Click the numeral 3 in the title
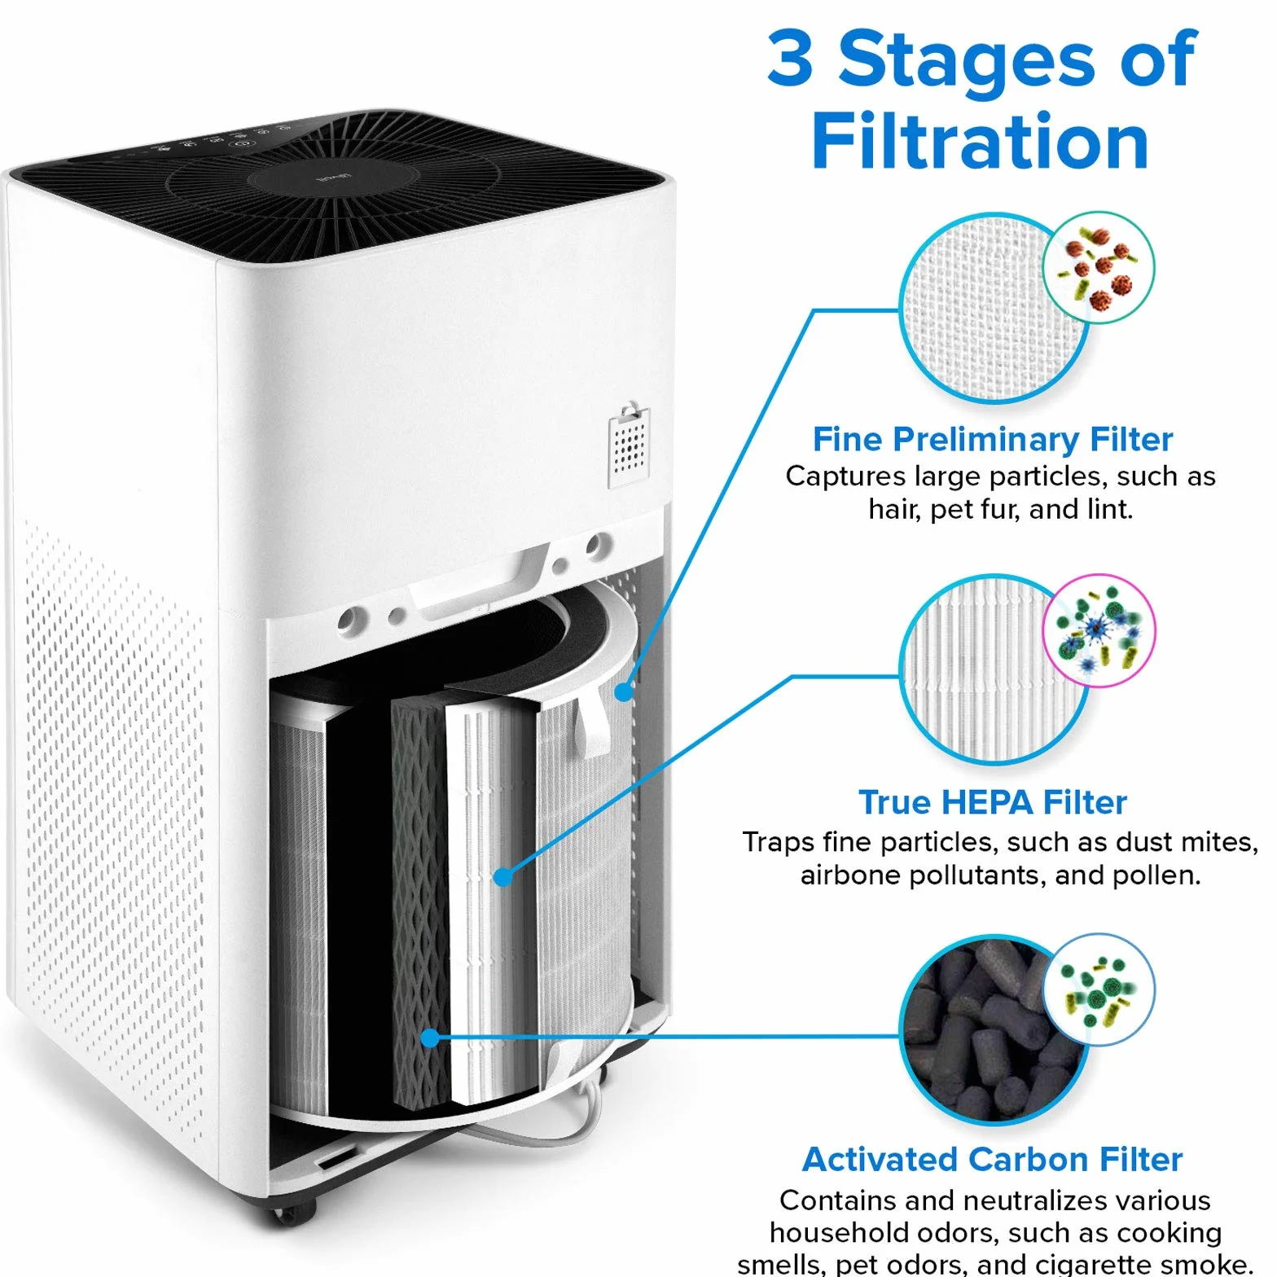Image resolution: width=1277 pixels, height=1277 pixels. pyautogui.click(x=791, y=58)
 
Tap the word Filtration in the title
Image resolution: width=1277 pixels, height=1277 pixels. pyautogui.click(x=980, y=142)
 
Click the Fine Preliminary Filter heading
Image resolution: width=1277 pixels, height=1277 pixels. pyautogui.click(x=993, y=439)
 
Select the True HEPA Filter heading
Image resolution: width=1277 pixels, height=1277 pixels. pyautogui.click(x=993, y=802)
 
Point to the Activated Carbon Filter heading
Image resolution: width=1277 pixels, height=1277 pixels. pyautogui.click(x=992, y=1159)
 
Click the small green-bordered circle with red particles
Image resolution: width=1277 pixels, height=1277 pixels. pyautogui.click(x=1099, y=267)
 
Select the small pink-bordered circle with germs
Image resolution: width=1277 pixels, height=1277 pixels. pyautogui.click(x=1099, y=631)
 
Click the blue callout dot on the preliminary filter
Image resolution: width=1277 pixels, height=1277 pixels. pyautogui.click(x=623, y=692)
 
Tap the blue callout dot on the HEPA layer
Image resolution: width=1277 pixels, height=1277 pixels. pyautogui.click(x=503, y=877)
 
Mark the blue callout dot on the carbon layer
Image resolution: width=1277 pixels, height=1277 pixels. pyautogui.click(x=430, y=1038)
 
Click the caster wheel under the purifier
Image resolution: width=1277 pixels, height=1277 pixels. pyautogui.click(x=293, y=1213)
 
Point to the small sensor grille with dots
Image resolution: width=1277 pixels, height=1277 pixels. pyautogui.click(x=629, y=445)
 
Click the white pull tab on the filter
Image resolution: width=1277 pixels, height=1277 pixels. pyautogui.click(x=593, y=719)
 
